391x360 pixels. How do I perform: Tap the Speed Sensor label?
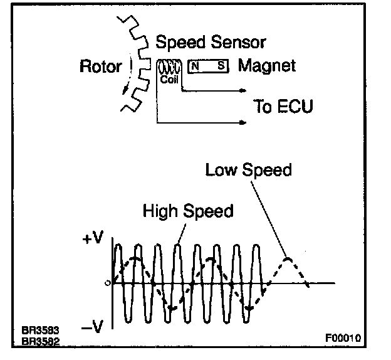pyautogui.click(x=211, y=43)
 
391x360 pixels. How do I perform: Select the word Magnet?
pyautogui.click(x=268, y=65)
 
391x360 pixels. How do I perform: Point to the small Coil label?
pyautogui.click(x=170, y=80)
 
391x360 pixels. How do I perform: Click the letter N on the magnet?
pyautogui.click(x=195, y=65)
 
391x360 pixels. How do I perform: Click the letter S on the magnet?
pyautogui.click(x=221, y=65)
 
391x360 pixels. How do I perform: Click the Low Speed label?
pyautogui.click(x=249, y=170)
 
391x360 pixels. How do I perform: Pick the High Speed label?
pyautogui.click(x=188, y=211)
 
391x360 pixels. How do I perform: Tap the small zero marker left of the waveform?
pyautogui.click(x=108, y=283)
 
